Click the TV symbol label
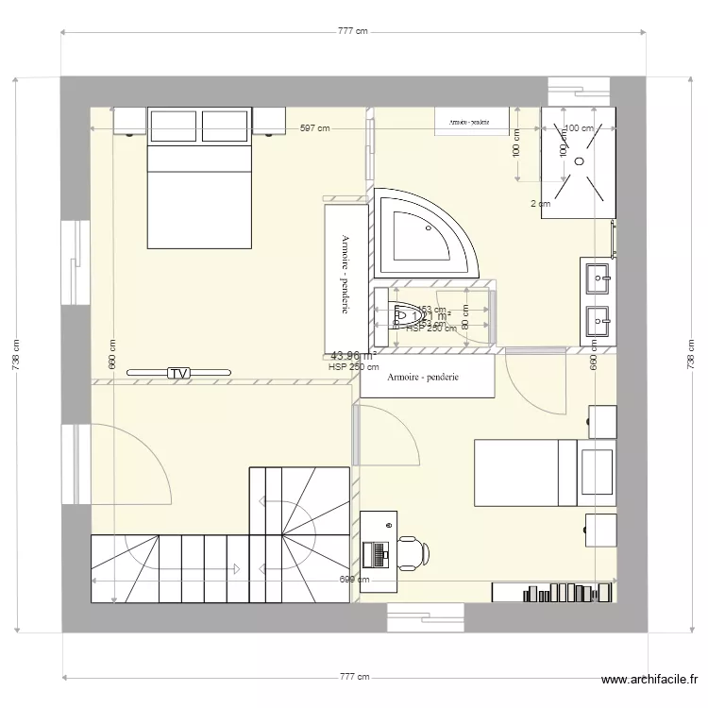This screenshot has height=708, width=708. tap(177, 374)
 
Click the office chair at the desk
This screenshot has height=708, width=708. tap(413, 552)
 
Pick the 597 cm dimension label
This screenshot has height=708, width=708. tap(315, 129)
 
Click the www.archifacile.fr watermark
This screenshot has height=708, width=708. tap(650, 680)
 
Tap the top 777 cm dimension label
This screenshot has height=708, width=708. tap(352, 31)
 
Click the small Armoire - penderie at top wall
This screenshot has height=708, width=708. tap(469, 122)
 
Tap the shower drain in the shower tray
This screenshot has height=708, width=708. tap(578, 160)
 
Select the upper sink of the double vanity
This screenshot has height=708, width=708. tap(598, 278)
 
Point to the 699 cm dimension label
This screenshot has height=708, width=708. tap(352, 582)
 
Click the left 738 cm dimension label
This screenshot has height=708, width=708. tap(16, 356)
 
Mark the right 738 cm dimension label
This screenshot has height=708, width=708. tap(690, 356)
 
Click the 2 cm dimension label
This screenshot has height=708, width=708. tap(539, 203)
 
